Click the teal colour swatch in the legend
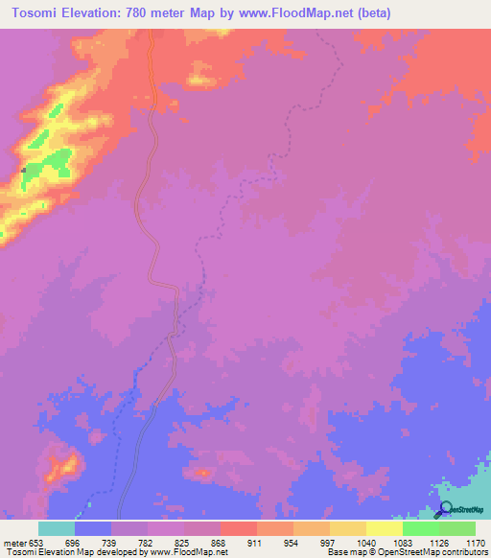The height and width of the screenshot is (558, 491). (x=57, y=528)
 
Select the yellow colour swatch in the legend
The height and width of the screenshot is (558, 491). (x=385, y=528)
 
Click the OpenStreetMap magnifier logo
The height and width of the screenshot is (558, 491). (x=446, y=509)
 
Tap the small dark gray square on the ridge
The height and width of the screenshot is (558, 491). (x=23, y=171)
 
